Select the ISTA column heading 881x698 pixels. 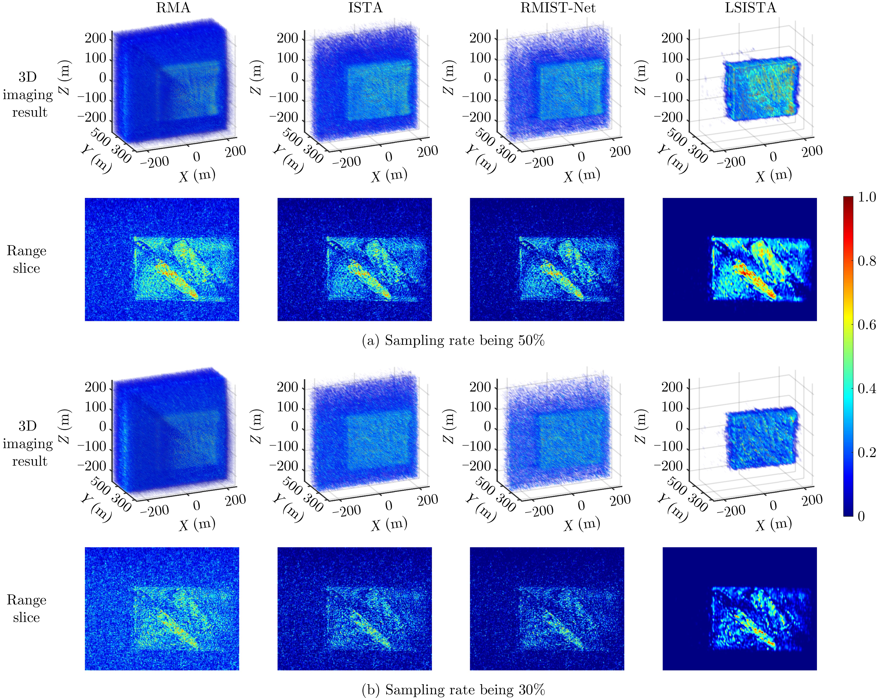coord(365,8)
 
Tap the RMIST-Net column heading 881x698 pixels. coord(558,8)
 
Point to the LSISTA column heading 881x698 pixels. coord(750,8)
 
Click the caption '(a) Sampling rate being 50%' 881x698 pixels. coord(453,340)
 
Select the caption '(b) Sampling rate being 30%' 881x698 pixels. coord(453,689)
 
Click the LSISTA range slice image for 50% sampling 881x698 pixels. coord(739,259)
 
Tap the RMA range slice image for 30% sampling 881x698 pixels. coord(162,609)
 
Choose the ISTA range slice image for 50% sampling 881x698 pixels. coord(354,259)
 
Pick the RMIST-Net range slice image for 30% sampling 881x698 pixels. coord(547,609)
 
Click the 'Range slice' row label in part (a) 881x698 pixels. coord(27,259)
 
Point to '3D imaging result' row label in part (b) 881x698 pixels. coord(28,443)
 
